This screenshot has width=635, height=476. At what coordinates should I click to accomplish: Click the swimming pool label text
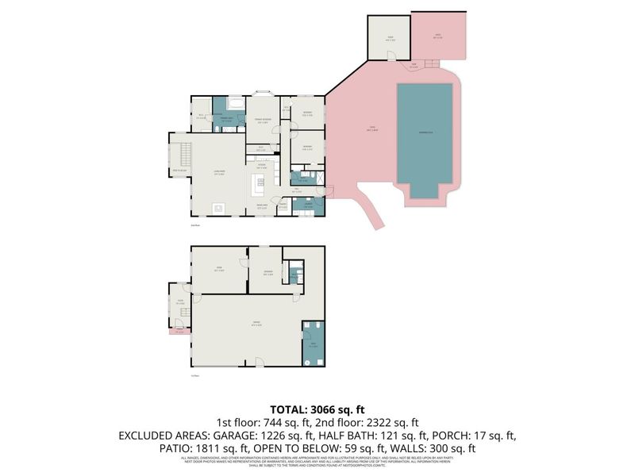point(425,133)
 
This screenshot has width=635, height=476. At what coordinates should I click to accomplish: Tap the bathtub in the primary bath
point(237,103)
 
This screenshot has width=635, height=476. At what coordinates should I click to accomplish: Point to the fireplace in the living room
point(218,209)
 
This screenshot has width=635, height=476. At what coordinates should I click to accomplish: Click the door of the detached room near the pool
point(390,55)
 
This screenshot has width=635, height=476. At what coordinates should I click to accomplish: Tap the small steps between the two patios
point(430,63)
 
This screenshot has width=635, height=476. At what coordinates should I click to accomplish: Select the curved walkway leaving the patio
point(371,208)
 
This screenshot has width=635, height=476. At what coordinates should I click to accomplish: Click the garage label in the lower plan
point(256,324)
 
